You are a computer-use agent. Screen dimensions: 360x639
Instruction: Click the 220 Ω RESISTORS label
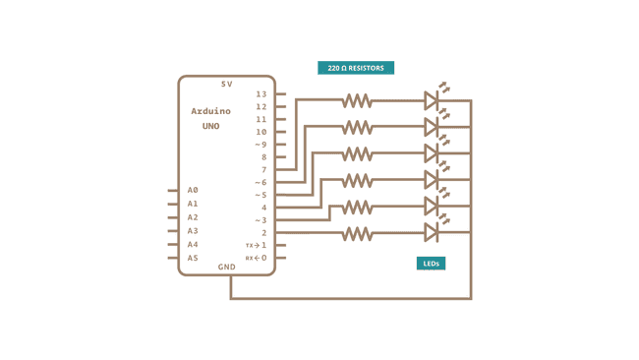pos(356,68)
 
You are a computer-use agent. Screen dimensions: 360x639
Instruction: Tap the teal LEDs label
pos(431,264)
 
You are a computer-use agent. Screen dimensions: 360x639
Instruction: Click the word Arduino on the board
pos(211,112)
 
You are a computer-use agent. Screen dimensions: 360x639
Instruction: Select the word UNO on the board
pos(211,126)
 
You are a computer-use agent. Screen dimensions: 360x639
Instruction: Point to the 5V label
pos(227,84)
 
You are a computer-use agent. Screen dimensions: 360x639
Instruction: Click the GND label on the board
pos(227,267)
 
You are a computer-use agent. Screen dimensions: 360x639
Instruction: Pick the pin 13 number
pos(261,94)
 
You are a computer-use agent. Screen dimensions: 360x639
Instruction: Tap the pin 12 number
pos(261,106)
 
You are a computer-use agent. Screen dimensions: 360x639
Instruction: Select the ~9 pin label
pos(261,145)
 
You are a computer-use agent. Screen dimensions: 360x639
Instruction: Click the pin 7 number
pos(262,170)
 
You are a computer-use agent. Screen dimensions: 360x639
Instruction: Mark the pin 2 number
pos(262,233)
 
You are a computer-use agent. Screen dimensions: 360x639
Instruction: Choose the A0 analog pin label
pos(193,190)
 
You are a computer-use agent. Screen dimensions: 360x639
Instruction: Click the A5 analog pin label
pos(193,258)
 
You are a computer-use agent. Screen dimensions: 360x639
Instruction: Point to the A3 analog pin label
pos(193,231)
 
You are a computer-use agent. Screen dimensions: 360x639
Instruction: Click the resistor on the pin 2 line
pos(357,233)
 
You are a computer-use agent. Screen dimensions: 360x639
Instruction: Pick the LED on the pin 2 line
pos(431,232)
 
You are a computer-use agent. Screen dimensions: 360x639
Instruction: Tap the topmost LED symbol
pos(431,99)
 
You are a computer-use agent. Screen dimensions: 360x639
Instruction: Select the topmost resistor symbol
pos(357,100)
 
